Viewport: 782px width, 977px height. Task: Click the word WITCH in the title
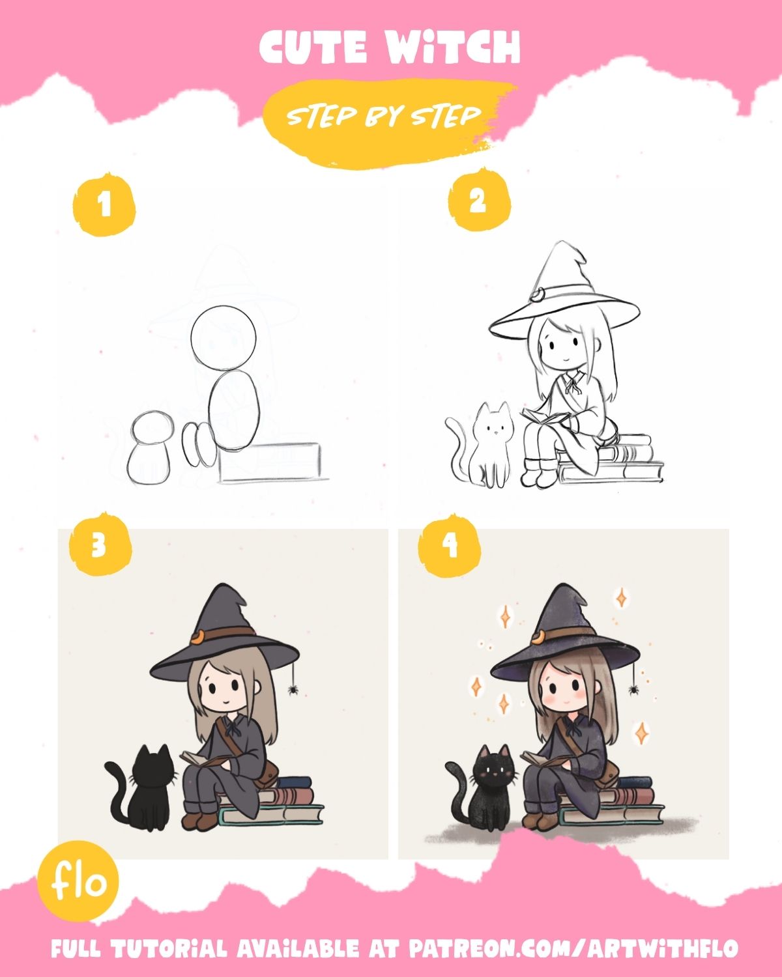pos(454,47)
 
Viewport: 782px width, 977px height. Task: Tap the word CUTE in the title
pos(313,47)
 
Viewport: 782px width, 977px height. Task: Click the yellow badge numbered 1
pos(104,205)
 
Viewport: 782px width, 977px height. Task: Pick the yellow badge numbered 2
pos(479,200)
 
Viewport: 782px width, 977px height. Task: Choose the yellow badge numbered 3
pos(100,545)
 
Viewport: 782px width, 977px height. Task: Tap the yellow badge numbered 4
pos(450,546)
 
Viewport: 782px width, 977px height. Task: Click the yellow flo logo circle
pos(78,881)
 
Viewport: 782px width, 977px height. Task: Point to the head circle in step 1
pos(223,337)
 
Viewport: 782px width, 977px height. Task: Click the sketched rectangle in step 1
pos(270,462)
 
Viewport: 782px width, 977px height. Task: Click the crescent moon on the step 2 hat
pos(538,296)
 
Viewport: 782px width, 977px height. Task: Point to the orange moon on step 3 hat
pos(197,638)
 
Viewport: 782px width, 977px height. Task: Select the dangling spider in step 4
pos(633,690)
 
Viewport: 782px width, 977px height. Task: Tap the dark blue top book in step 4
pos(634,782)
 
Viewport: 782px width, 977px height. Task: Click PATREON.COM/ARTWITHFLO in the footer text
pos(574,948)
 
